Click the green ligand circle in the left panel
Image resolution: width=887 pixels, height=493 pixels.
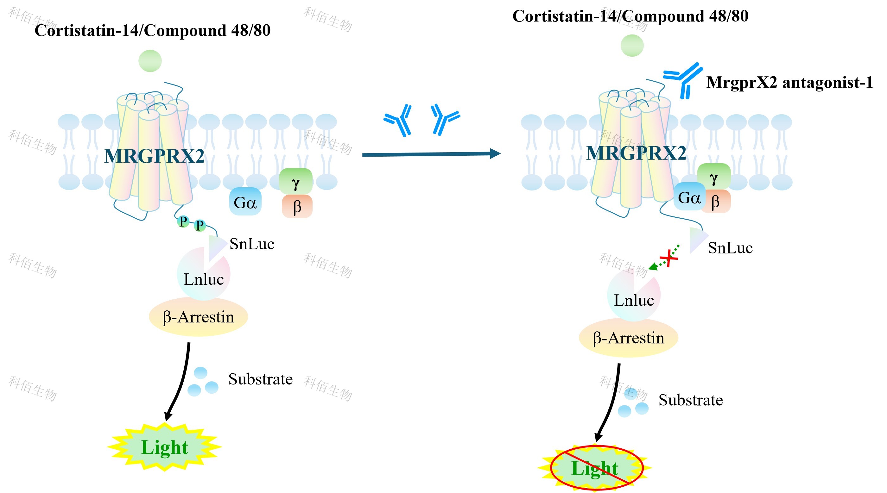(150, 61)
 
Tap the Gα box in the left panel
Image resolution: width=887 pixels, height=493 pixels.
(245, 202)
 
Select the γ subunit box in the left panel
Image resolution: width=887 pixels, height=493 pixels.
(296, 181)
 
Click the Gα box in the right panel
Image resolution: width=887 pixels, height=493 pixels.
(689, 197)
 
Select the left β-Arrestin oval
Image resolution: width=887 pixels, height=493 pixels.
(198, 317)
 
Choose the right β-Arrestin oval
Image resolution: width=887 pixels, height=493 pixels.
(629, 338)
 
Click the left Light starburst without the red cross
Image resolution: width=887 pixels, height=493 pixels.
(165, 447)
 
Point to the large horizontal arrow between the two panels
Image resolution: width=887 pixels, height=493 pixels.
(430, 154)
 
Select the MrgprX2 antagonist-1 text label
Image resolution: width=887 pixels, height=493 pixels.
(789, 83)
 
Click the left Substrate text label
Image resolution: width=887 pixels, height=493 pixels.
(261, 379)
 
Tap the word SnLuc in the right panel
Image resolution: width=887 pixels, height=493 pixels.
(730, 248)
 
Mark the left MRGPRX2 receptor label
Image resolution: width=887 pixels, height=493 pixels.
(154, 156)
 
